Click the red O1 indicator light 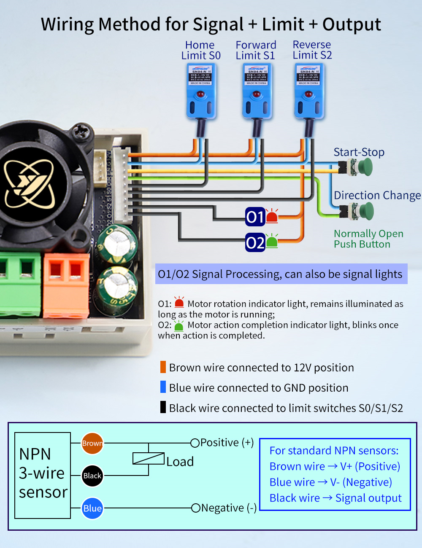point(272,216)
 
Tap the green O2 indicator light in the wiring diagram point(272,242)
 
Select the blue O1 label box point(255,217)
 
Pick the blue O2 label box point(255,242)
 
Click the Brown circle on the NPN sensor point(92,443)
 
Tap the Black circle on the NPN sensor point(92,475)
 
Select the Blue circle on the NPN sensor point(92,508)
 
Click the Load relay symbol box point(149,459)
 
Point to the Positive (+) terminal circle point(195,443)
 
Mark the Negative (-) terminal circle point(196,508)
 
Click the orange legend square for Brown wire point(163,367)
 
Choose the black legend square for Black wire point(163,407)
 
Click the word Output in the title point(352,24)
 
